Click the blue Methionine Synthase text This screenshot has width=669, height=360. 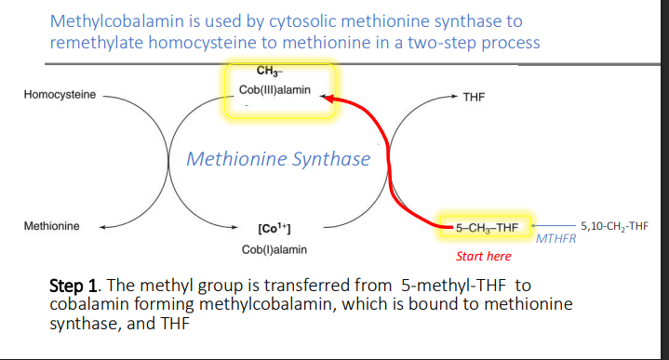click(278, 159)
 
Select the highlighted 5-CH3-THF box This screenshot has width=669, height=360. click(486, 227)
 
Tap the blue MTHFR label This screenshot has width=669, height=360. click(556, 240)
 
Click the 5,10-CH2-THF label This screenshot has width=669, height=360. click(613, 225)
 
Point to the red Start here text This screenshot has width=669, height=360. click(483, 256)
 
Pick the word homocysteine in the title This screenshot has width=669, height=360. click(203, 43)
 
